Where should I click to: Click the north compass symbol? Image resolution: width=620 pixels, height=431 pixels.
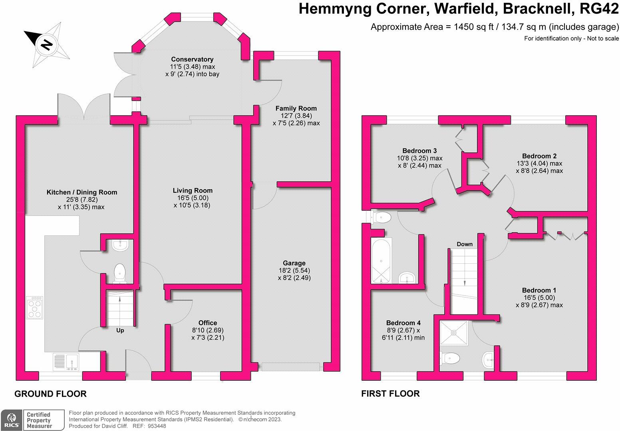pyautogui.click(x=46, y=45)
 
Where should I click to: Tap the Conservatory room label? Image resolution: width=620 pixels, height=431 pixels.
pyautogui.click(x=193, y=59)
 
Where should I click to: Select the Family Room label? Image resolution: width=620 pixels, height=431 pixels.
pyautogui.click(x=296, y=109)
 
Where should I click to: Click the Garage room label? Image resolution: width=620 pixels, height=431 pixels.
pyautogui.click(x=294, y=263)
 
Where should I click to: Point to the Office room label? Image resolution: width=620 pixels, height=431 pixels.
pyautogui.click(x=208, y=322)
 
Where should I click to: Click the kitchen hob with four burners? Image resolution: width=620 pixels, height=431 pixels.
pyautogui.click(x=35, y=307)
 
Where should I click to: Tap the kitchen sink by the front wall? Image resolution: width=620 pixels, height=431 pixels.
pyautogui.click(x=66, y=362)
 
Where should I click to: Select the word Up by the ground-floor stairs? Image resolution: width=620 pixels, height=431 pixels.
pyautogui.click(x=120, y=330)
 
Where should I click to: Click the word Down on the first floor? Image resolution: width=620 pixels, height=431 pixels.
pyautogui.click(x=465, y=244)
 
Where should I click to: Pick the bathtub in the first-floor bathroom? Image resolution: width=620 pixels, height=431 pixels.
pyautogui.click(x=381, y=261)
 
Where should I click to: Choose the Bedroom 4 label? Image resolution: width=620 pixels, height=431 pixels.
pyautogui.click(x=403, y=322)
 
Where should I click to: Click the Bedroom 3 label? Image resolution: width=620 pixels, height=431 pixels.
pyautogui.click(x=419, y=151)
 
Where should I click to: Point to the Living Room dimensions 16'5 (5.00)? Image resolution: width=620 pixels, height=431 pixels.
pyautogui.click(x=193, y=198)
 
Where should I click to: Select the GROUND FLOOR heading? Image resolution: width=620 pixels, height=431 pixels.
pyautogui.click(x=50, y=393)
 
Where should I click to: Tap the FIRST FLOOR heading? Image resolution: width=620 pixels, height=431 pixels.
pyautogui.click(x=390, y=393)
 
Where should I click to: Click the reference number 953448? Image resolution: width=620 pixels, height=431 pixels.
pyautogui.click(x=157, y=426)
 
